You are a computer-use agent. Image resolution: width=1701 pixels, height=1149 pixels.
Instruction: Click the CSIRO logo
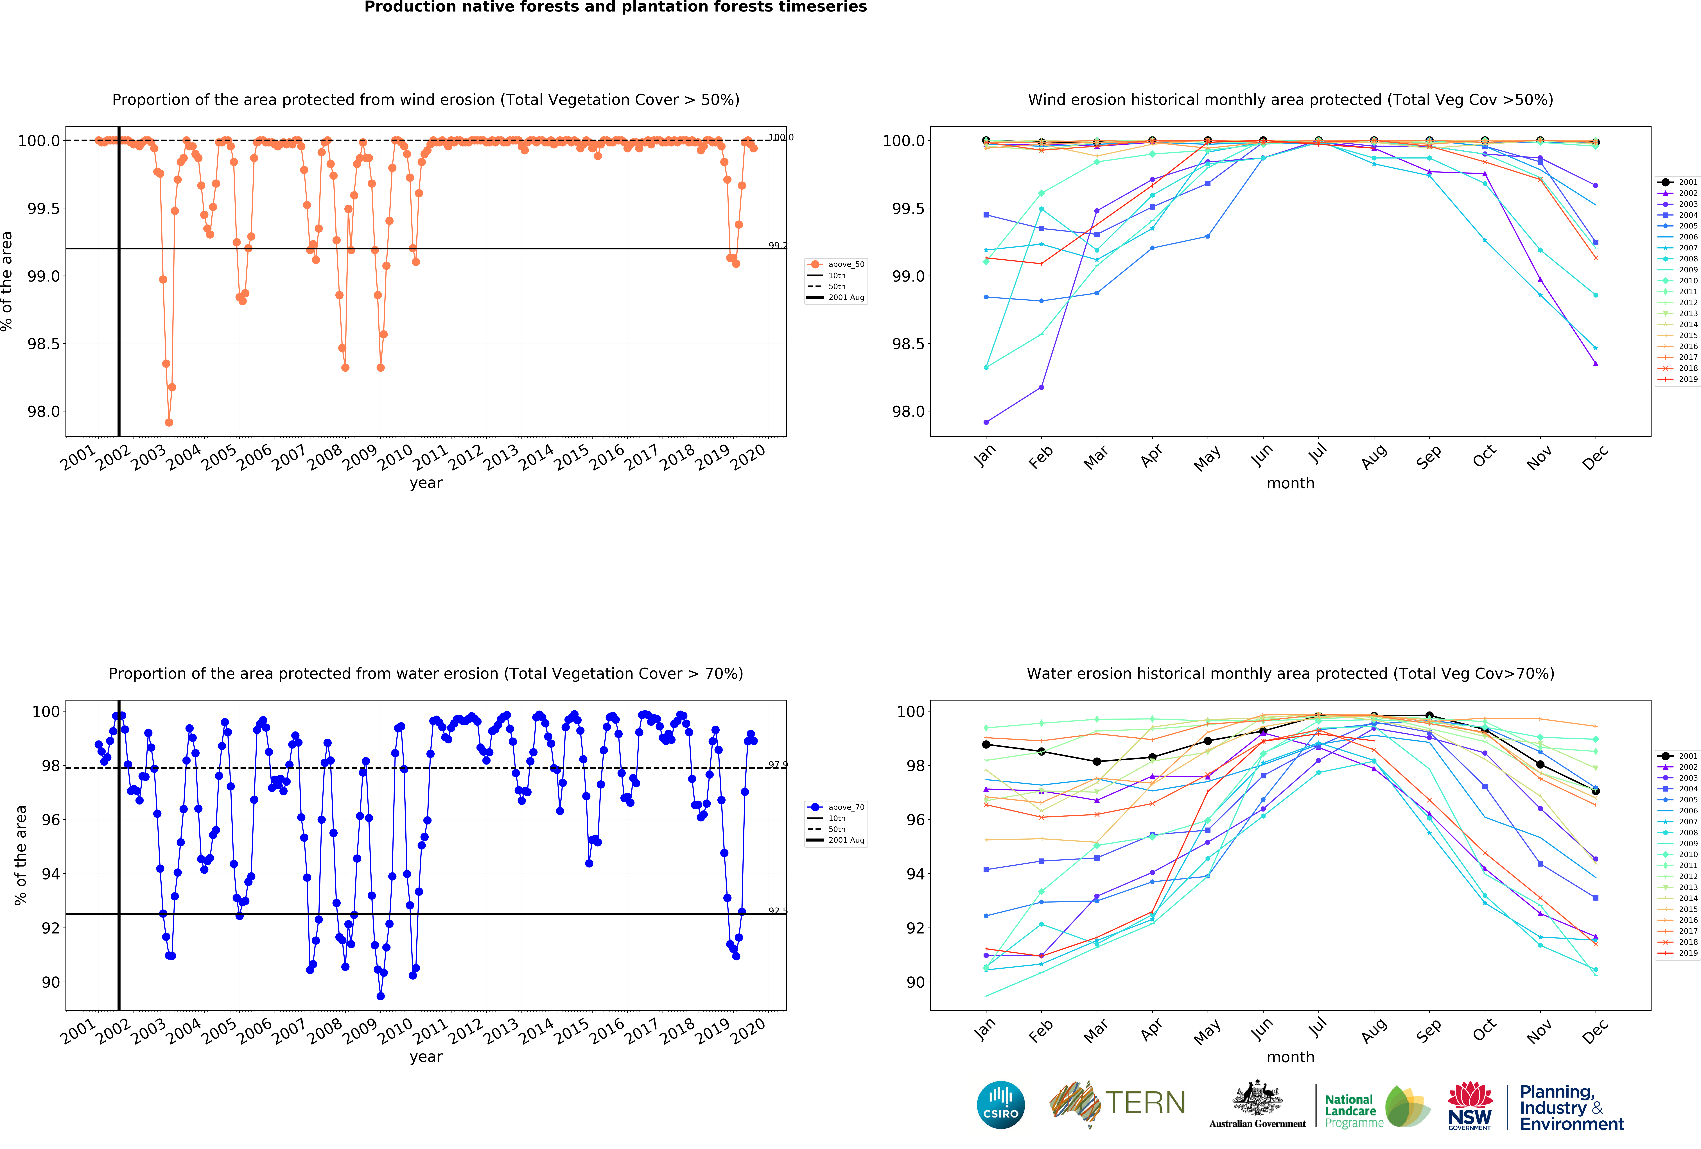[x=1000, y=1104]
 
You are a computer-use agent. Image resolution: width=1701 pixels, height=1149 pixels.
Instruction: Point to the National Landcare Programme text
[x=1353, y=1111]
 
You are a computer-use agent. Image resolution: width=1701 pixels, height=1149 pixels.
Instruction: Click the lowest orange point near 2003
[x=169, y=422]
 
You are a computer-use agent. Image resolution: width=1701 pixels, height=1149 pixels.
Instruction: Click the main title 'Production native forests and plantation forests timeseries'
[x=616, y=7]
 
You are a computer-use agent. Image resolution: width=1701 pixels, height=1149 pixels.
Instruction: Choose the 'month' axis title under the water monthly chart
[x=1290, y=1057]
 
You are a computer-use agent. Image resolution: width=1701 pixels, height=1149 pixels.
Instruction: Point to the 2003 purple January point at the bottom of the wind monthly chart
[x=986, y=422]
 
